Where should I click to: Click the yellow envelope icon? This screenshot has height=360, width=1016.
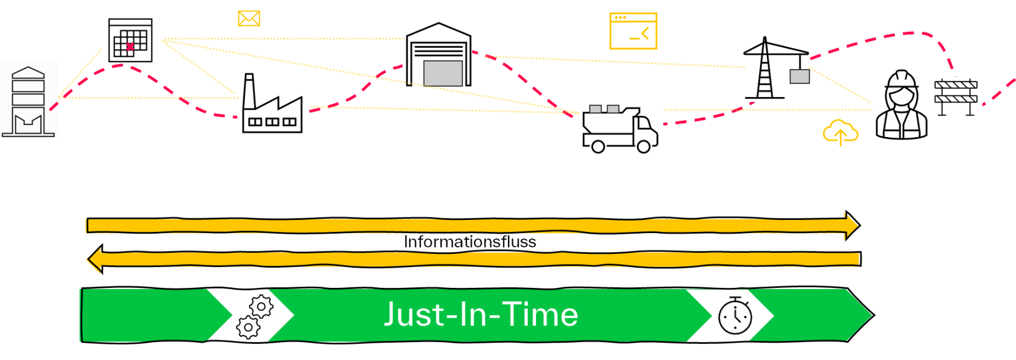click(249, 19)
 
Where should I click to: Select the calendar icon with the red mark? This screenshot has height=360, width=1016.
click(131, 41)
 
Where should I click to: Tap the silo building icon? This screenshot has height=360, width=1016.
click(28, 102)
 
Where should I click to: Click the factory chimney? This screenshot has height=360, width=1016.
click(249, 91)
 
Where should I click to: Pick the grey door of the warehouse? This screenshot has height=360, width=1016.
click(443, 73)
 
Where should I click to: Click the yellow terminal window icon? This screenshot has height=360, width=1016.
click(633, 31)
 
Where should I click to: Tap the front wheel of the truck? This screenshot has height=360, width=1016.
click(644, 147)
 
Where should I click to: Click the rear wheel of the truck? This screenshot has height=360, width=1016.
click(598, 147)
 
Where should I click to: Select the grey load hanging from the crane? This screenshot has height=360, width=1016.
click(800, 77)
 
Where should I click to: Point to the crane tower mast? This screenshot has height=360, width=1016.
click(765, 76)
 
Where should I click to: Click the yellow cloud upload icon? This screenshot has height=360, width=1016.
click(840, 133)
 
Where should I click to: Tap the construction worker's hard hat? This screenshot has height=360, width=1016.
click(902, 80)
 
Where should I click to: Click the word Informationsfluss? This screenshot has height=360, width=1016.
click(470, 242)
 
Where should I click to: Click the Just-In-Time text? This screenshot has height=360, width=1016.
click(481, 314)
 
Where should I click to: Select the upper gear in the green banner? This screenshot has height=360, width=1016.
click(261, 307)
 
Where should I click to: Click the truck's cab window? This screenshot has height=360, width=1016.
click(644, 123)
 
